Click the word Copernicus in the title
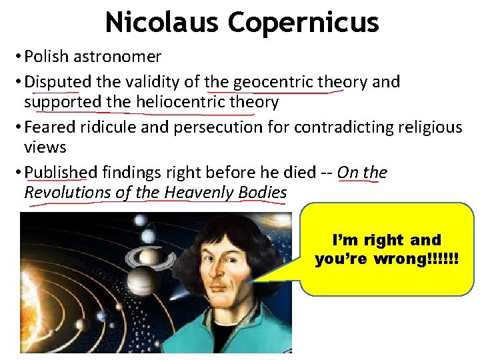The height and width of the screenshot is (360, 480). tap(303, 22)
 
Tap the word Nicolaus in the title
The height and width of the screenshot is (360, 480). tap(162, 22)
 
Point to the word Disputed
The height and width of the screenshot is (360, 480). tap(57, 82)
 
